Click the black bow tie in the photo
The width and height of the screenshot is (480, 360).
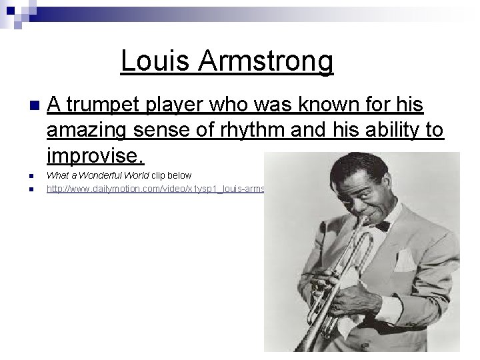tap(381, 225)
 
